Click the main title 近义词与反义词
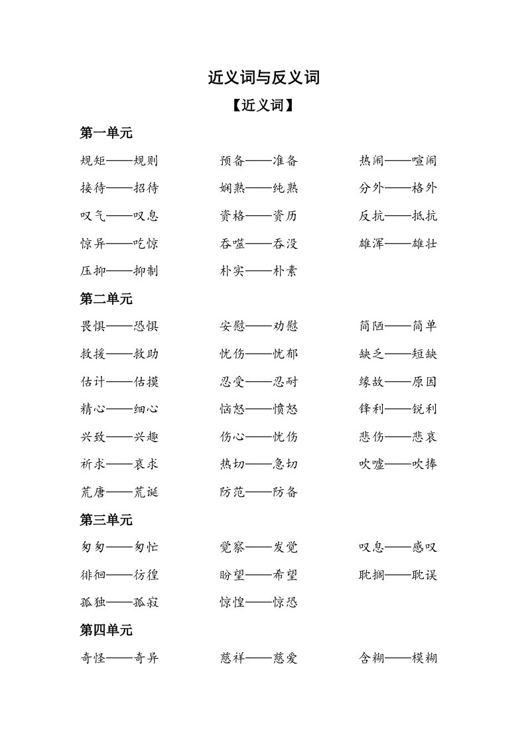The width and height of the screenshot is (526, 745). [x=263, y=78]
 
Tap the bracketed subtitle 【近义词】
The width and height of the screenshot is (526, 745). [x=263, y=106]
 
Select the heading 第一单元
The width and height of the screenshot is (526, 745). [x=106, y=133]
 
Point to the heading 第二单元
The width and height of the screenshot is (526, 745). [x=106, y=299]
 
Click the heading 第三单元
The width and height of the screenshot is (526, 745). [x=106, y=520]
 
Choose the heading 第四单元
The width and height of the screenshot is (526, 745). [x=106, y=630]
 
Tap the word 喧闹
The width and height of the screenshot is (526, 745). [x=425, y=161]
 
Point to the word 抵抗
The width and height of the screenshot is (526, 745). [x=425, y=216]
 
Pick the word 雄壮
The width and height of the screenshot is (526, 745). [x=425, y=244]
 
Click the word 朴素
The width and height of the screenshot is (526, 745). [x=285, y=271]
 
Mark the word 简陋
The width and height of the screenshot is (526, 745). [x=371, y=326]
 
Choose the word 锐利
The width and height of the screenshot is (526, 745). [x=425, y=409]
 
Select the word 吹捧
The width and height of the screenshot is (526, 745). [x=425, y=464]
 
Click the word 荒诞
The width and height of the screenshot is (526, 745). [x=146, y=492]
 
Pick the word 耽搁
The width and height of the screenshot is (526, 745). [x=371, y=575]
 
